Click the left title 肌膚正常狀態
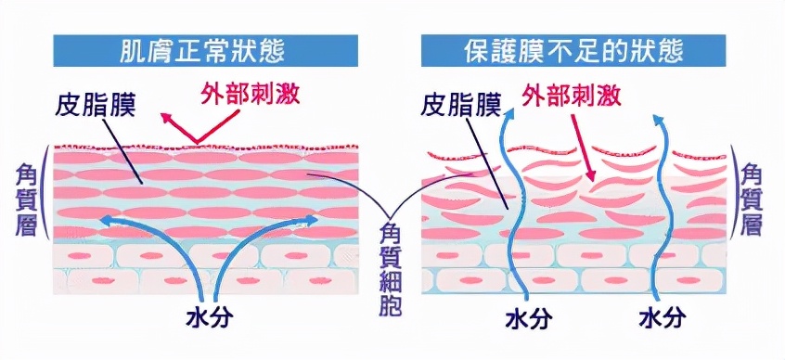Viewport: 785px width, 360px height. click(x=206, y=49)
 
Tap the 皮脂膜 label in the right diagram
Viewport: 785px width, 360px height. click(x=460, y=101)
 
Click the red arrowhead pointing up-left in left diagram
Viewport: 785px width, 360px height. click(x=165, y=118)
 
